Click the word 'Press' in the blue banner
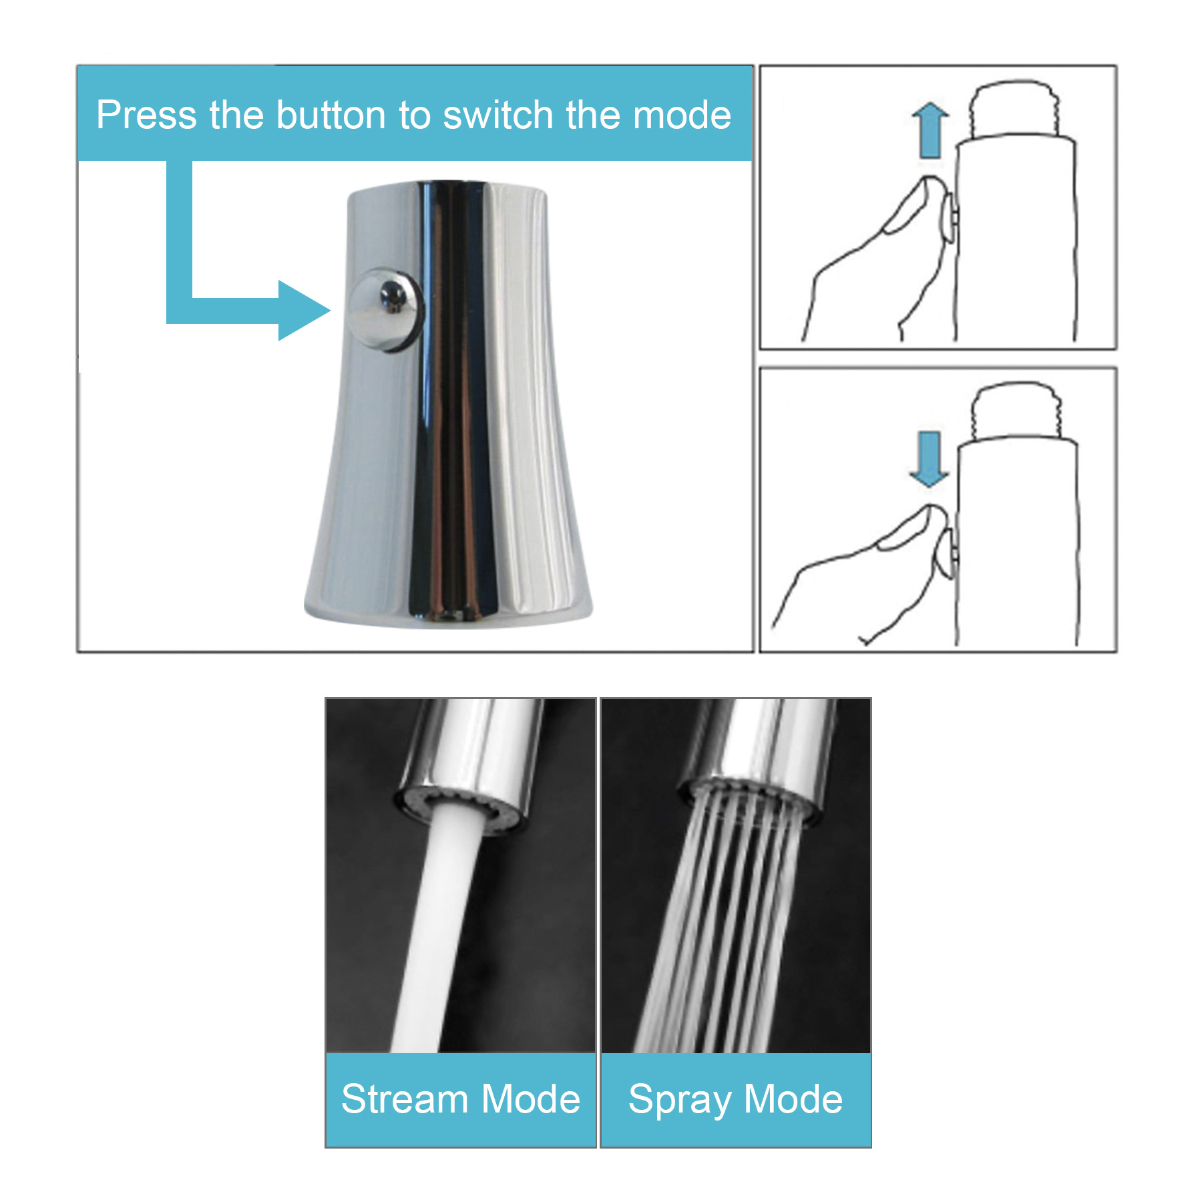[146, 115]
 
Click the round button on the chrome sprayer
[385, 309]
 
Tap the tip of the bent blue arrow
[330, 310]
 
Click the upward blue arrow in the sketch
[930, 130]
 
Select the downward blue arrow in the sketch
[929, 459]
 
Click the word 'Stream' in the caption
[405, 1099]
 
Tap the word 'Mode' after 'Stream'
[530, 1099]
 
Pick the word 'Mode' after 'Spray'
[793, 1099]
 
